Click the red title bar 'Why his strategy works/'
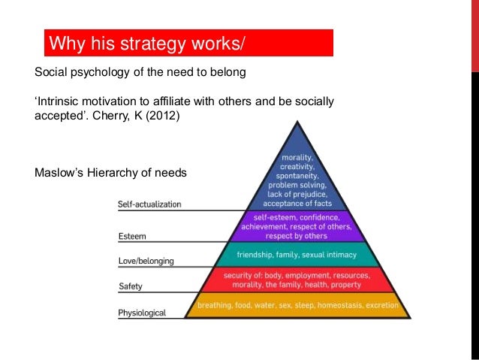[188, 43]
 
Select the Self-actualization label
[149, 204]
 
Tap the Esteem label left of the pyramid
[132, 236]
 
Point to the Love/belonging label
[146, 261]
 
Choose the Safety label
[131, 286]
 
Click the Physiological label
[143, 312]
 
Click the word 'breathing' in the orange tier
[215, 306]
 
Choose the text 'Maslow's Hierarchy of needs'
[110, 174]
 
